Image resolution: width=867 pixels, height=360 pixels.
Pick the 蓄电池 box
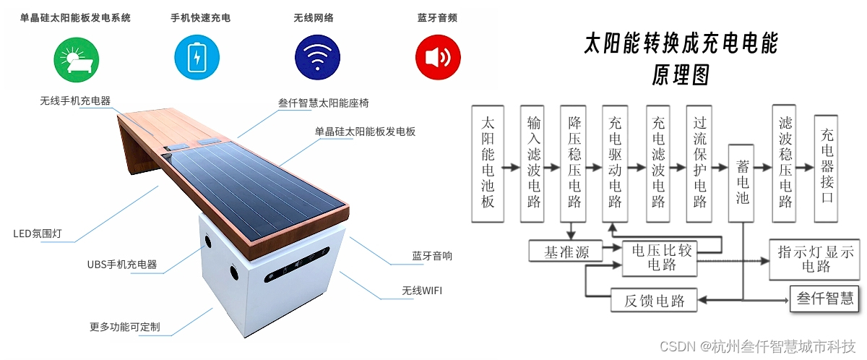click(x=742, y=181)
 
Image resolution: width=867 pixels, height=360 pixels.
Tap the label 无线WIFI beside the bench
click(x=423, y=291)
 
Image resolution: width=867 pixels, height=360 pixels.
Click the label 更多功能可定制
click(x=125, y=327)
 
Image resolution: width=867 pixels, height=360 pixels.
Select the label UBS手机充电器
click(x=122, y=265)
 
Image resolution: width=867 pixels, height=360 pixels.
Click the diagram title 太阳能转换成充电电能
click(x=681, y=44)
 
